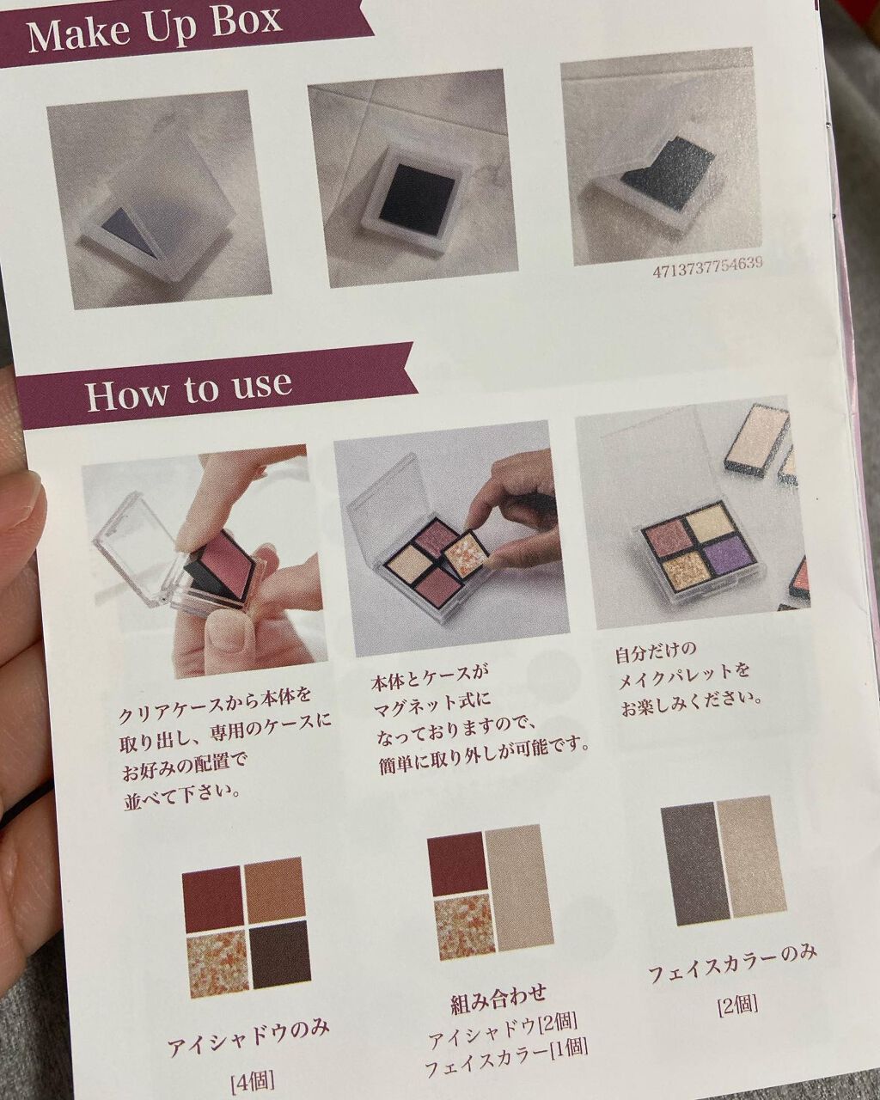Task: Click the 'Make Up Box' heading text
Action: point(155,29)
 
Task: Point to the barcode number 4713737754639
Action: point(707,268)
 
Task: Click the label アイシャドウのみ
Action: point(248,1024)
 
